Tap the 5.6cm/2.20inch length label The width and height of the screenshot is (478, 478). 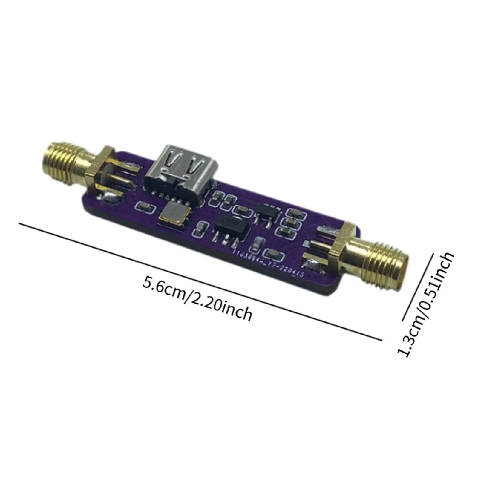pyautogui.click(x=197, y=299)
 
